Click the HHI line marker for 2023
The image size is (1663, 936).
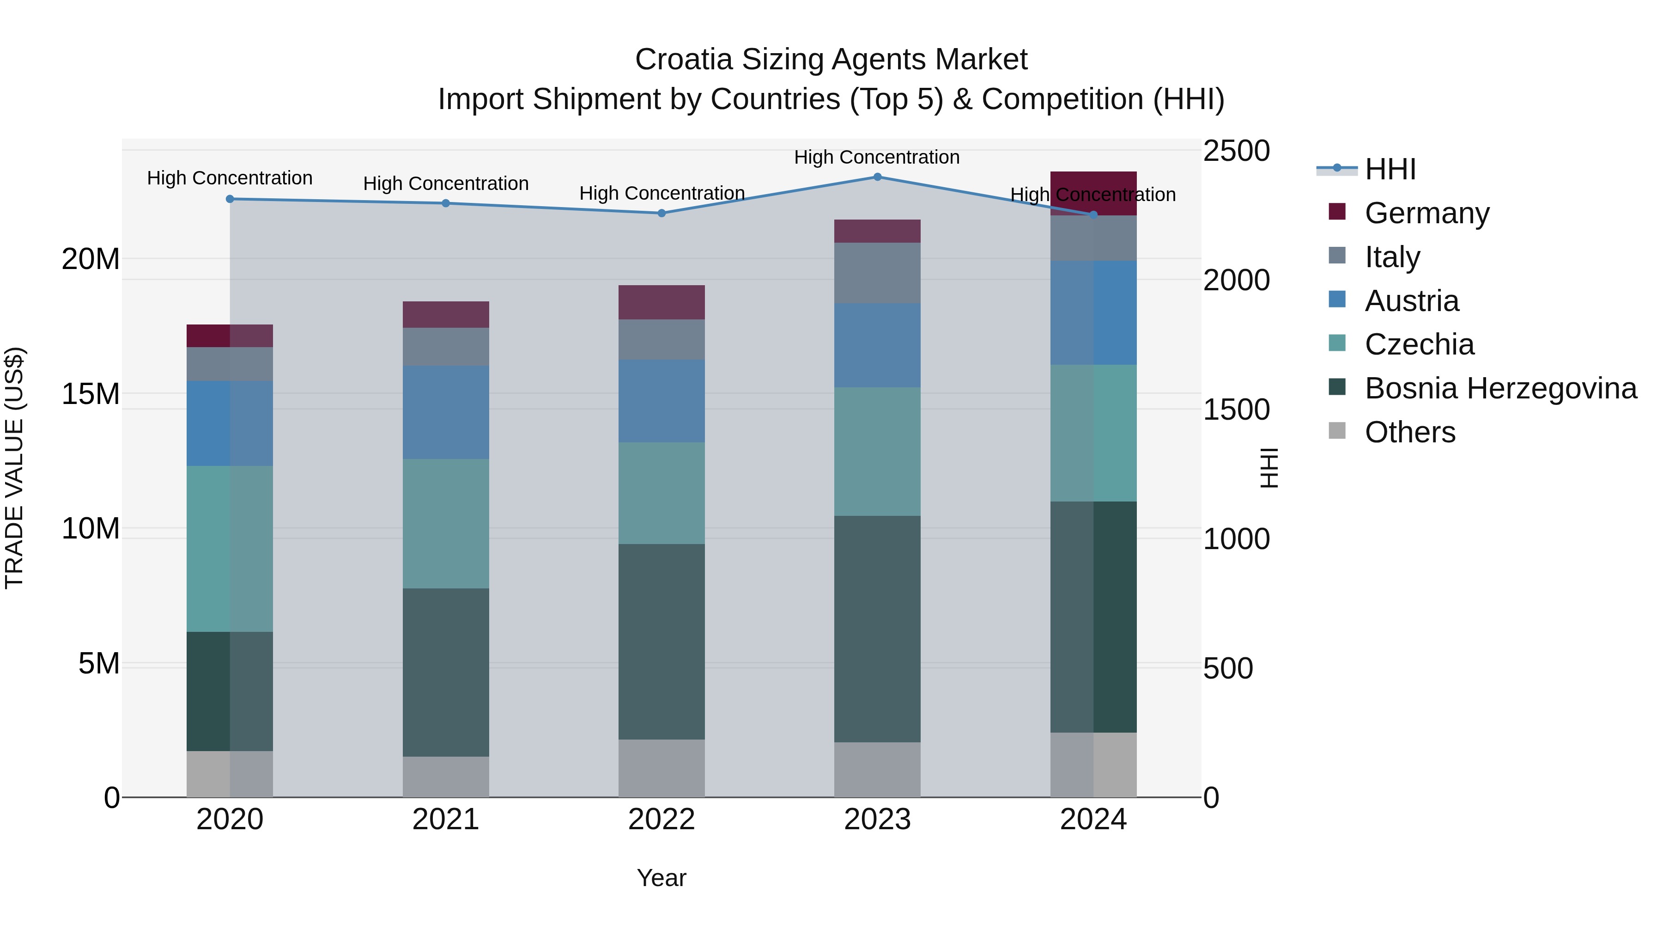coord(877,177)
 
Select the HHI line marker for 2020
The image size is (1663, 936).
coord(230,199)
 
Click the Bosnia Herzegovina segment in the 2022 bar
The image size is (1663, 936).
coord(661,642)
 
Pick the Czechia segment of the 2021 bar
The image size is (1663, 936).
coord(445,523)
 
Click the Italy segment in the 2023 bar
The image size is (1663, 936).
coord(877,273)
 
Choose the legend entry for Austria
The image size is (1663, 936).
coord(1411,301)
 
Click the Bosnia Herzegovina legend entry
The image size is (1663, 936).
coord(1500,389)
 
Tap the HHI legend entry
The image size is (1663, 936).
coord(1390,169)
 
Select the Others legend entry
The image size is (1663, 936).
coord(1409,432)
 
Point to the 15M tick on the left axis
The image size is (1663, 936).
coord(91,394)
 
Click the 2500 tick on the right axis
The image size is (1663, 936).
coord(1236,151)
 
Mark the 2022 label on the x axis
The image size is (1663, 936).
coord(661,820)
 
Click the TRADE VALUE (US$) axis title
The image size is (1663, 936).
coord(14,468)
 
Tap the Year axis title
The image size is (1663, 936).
coord(661,878)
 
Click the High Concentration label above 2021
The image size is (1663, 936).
coord(445,184)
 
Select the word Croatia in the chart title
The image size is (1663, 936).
coord(684,60)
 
